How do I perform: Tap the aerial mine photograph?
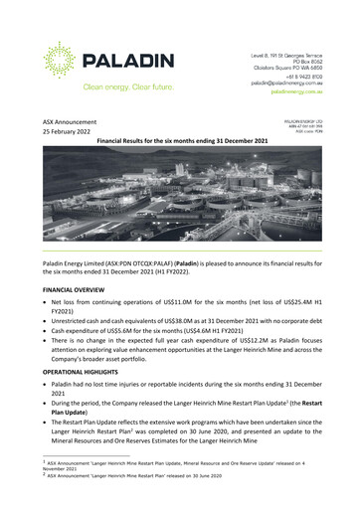click(x=179, y=199)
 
